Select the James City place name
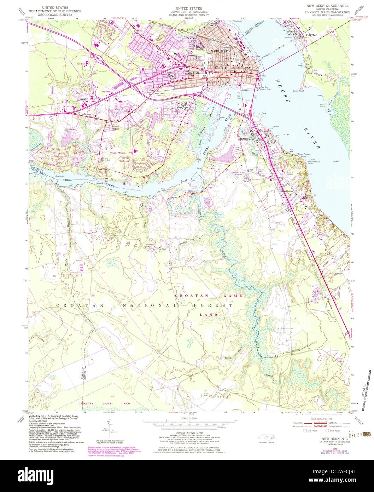[x=247, y=139]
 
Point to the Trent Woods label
[x=118, y=153]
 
